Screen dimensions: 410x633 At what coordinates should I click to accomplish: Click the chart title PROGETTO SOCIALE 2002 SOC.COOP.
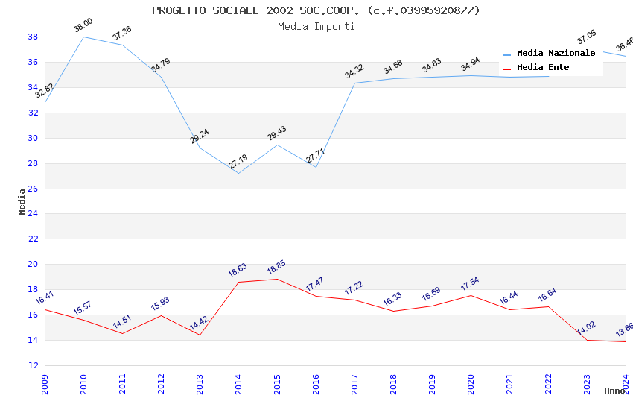coord(316,10)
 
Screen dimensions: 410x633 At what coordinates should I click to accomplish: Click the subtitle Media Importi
coord(316,26)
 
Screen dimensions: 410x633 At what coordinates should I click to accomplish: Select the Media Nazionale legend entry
coord(556,53)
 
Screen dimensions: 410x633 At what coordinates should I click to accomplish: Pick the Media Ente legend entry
coord(543,67)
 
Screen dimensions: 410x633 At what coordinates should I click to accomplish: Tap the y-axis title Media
coord(22,201)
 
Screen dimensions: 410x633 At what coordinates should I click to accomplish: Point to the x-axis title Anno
coord(614,391)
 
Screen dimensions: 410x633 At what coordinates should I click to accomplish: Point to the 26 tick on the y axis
coord(33,189)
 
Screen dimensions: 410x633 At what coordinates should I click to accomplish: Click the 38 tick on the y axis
coord(33,37)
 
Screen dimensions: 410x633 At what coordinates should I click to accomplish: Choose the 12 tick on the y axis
coord(33,365)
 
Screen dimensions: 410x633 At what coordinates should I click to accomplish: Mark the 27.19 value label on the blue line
coord(238,162)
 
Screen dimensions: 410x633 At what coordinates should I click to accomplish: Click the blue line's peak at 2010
coord(83,37)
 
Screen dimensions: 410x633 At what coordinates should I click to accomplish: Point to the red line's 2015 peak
coord(277,279)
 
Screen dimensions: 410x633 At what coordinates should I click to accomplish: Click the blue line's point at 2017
coord(354,83)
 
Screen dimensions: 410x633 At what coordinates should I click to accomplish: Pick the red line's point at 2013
coord(200,335)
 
